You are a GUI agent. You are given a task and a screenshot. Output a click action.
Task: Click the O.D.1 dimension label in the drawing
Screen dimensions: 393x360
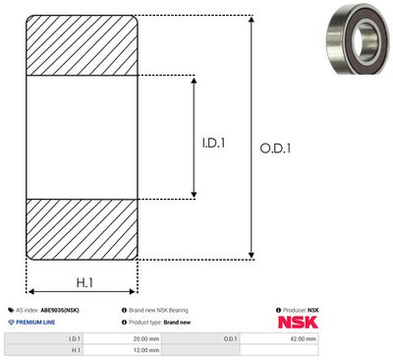pos(275,149)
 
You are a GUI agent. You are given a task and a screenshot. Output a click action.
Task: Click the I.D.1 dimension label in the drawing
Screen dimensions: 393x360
pos(213,143)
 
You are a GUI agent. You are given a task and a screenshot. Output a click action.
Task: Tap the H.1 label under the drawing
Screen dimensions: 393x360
pos(84,282)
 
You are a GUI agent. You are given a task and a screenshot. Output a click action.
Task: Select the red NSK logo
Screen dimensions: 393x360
pos(298,323)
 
